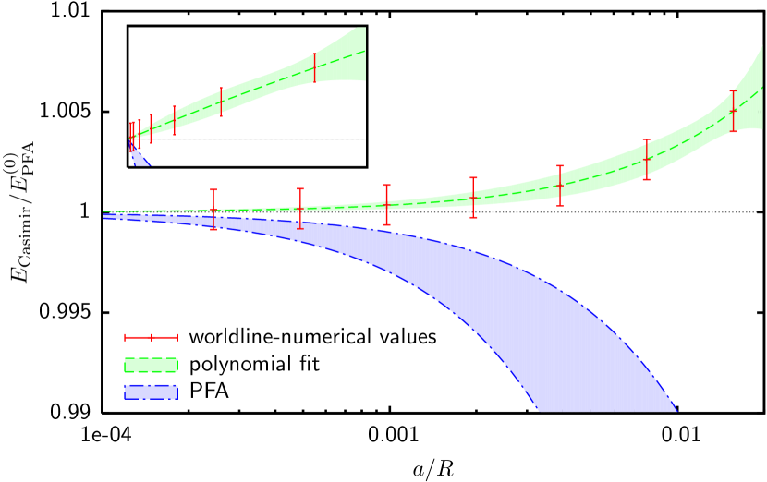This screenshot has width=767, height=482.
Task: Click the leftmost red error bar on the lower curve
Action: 213,210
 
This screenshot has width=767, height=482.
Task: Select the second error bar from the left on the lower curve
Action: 300,209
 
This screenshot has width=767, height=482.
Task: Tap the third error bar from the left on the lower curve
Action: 386,205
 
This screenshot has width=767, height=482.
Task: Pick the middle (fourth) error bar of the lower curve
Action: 473,198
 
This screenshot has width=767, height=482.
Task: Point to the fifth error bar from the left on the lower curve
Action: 560,186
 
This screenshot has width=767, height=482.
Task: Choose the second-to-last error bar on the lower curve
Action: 647,159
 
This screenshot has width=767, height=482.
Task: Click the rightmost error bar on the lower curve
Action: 734,111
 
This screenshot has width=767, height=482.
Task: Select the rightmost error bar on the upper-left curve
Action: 315,67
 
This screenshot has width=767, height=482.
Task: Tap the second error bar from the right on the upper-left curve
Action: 221,102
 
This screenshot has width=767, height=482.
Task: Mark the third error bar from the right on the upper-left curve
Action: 174,120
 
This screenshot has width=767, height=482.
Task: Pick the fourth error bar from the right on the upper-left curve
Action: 151,128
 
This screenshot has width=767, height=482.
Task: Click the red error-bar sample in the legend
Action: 151,337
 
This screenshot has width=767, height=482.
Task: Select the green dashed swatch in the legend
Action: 151,365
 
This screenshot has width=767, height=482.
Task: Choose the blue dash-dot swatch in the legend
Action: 151,392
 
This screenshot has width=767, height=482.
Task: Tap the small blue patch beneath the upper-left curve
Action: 139,156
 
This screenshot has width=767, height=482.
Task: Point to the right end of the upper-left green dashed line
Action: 364,51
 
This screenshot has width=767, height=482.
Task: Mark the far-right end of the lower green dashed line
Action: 762,87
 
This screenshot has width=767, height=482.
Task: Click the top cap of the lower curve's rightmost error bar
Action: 734,90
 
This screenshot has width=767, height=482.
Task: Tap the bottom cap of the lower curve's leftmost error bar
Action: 213,229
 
